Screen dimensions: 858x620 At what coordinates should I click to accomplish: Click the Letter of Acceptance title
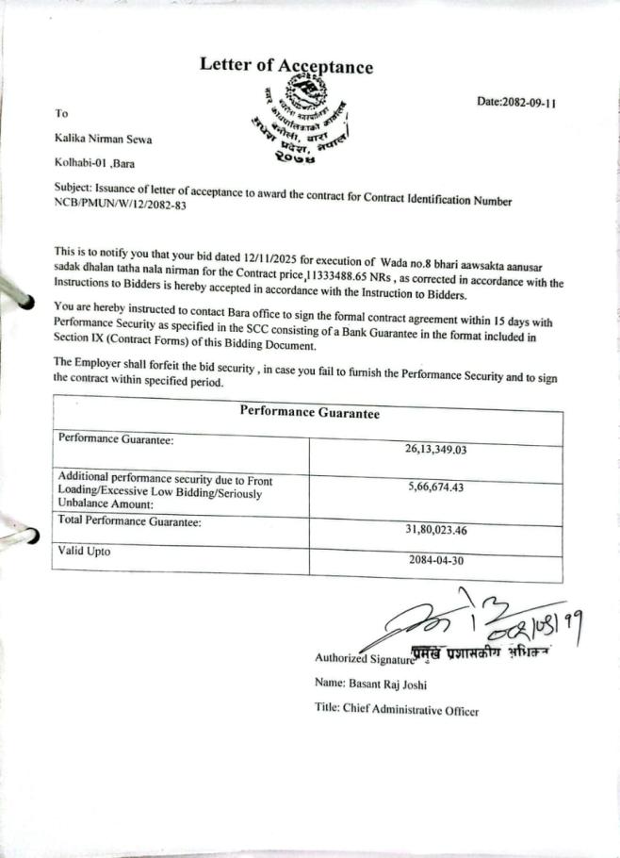tap(286, 65)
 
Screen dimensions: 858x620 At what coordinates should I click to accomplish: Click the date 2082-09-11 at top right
tap(516, 103)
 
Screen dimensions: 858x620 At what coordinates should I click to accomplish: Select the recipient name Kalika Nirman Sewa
tap(103, 140)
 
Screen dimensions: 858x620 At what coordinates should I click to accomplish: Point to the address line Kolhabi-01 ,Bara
tap(94, 163)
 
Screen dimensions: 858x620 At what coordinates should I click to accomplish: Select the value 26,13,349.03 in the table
tap(436, 449)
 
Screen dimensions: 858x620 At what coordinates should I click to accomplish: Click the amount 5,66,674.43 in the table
tap(436, 487)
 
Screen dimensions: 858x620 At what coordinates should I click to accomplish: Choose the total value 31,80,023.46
tap(436, 529)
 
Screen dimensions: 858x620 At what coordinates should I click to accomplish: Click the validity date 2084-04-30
tap(436, 559)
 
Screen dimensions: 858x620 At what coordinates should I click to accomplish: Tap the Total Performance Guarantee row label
tap(130, 520)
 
